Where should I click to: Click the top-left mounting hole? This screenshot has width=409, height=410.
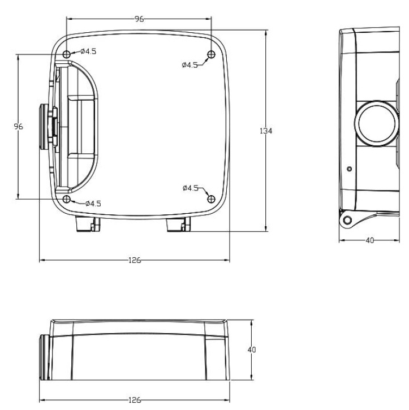(x=67, y=54)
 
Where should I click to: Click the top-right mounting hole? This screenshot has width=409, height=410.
(x=211, y=54)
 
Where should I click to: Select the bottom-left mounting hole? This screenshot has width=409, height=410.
(x=67, y=199)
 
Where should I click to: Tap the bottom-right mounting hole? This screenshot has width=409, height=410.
(x=211, y=199)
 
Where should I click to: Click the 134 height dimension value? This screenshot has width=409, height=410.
(x=266, y=131)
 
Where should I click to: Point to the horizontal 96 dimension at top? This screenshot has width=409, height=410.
(x=139, y=19)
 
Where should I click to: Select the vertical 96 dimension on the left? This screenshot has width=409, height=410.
(x=18, y=127)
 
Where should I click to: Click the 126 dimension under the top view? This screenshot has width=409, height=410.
(x=135, y=260)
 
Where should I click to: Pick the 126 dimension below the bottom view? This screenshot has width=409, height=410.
(x=135, y=400)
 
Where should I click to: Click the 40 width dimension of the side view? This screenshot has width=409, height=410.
(x=369, y=240)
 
